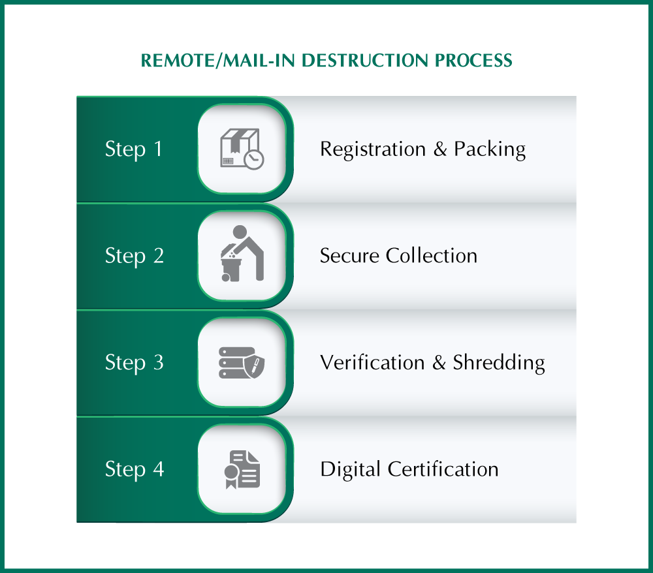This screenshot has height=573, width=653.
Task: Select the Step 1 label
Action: [134, 149]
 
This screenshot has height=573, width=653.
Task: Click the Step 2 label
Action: [134, 256]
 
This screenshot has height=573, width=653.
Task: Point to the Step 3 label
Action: [134, 362]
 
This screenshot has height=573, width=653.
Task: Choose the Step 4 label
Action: [134, 469]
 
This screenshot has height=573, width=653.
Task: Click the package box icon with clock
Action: [241, 149]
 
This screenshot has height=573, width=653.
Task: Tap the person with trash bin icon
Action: [241, 254]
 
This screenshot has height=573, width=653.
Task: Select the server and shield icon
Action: [241, 362]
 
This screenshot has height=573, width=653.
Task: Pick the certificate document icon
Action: [241, 469]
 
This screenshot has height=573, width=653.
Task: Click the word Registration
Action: [373, 150]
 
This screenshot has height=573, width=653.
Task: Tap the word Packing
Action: [490, 150]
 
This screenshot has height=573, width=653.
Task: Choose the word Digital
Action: [351, 469]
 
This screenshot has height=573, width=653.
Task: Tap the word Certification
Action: [443, 469]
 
